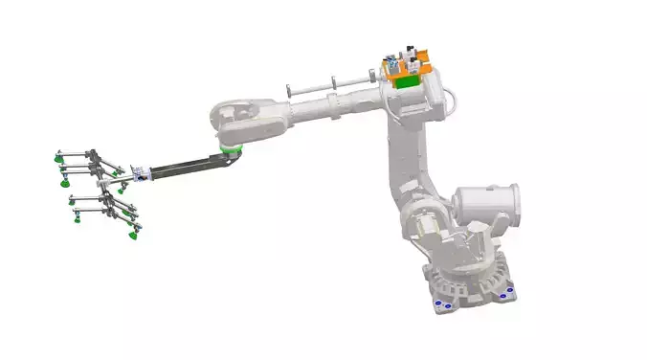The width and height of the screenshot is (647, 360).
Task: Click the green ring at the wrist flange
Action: pyautogui.click(x=230, y=150)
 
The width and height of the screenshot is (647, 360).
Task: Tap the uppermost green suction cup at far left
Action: pyautogui.click(x=61, y=169)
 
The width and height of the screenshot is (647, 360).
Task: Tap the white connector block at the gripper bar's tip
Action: pyautogui.click(x=141, y=174)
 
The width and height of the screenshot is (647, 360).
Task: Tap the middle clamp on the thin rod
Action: pyautogui.click(x=332, y=84)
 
